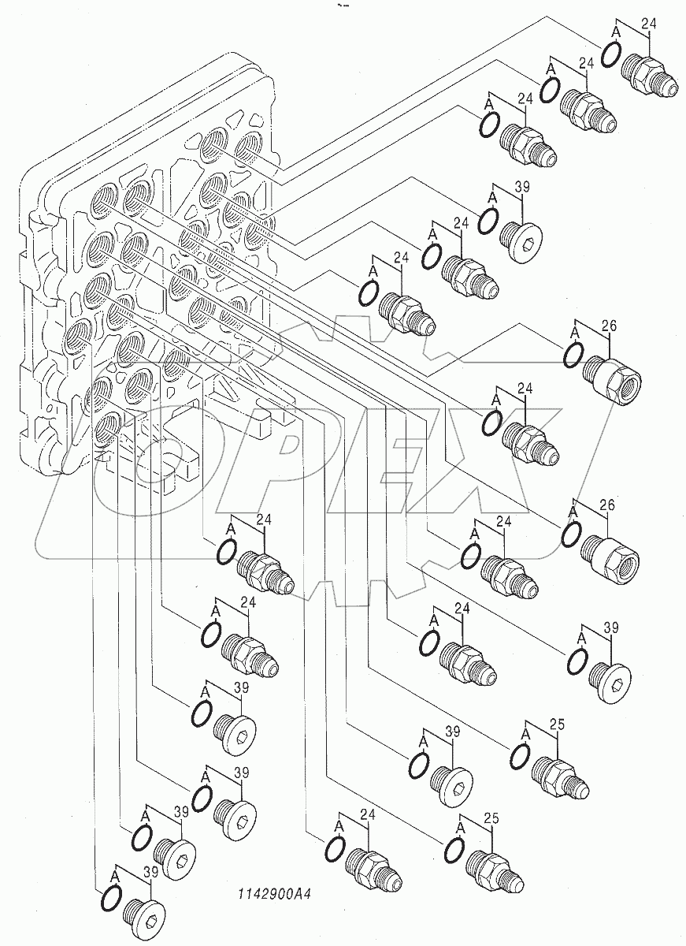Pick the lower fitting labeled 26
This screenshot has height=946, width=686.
coord(613,550)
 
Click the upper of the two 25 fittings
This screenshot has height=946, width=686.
coord(559,774)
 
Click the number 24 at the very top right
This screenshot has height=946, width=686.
coord(649,24)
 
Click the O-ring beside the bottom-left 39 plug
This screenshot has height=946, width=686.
coord(111,898)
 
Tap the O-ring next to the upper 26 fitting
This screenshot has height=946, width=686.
coord(575,356)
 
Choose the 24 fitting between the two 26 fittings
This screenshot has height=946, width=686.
coord(531,444)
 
